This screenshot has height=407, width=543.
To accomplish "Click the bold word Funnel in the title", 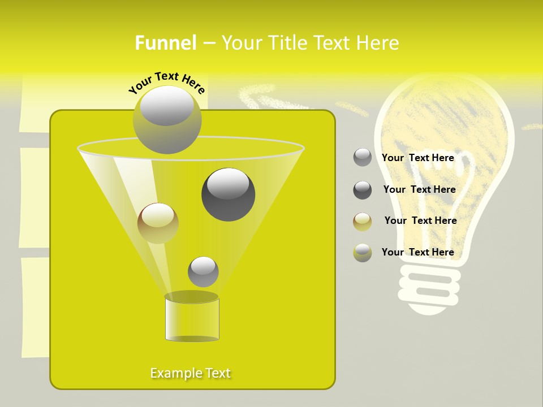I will click(x=166, y=43).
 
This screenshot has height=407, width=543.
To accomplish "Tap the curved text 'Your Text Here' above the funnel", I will click(x=167, y=83).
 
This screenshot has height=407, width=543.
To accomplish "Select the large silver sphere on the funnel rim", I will click(x=167, y=119).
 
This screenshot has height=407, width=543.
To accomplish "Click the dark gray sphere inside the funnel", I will click(x=228, y=194).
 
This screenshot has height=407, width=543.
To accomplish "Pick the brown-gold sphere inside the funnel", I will click(x=158, y=223).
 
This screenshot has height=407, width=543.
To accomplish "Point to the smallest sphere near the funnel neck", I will click(x=203, y=271).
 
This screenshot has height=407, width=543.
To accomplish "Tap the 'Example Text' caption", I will click(x=191, y=373).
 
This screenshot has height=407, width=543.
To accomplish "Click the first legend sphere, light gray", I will click(x=363, y=158).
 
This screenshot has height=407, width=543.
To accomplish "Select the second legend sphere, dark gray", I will click(x=363, y=190).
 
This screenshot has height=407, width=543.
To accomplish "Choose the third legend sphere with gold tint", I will click(x=363, y=222).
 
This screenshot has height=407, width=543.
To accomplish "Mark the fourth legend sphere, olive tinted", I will click(x=363, y=253).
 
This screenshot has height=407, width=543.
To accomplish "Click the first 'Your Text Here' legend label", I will click(x=418, y=158).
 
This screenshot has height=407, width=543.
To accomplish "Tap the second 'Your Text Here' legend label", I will click(x=419, y=189).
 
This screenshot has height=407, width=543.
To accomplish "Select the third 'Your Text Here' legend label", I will click(x=420, y=220).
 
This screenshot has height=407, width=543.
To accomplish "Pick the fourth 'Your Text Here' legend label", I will click(x=418, y=252).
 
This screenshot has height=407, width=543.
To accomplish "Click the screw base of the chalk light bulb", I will click(x=430, y=288).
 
